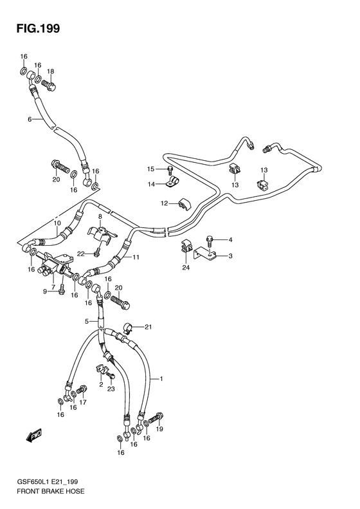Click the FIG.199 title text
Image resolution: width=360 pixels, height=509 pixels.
[39, 28]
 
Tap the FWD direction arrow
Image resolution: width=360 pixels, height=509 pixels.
[34, 436]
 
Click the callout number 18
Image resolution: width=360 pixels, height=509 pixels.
[50, 71]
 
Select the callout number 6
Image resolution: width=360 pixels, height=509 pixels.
[30, 120]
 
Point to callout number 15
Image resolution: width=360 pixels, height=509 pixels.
[151, 169]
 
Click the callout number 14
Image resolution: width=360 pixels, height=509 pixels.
[152, 185]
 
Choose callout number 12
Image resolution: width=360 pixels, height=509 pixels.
[164, 203]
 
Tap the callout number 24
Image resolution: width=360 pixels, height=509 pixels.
[186, 268]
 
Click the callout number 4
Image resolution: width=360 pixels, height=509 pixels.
[230, 240]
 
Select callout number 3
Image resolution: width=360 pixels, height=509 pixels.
[230, 256]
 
